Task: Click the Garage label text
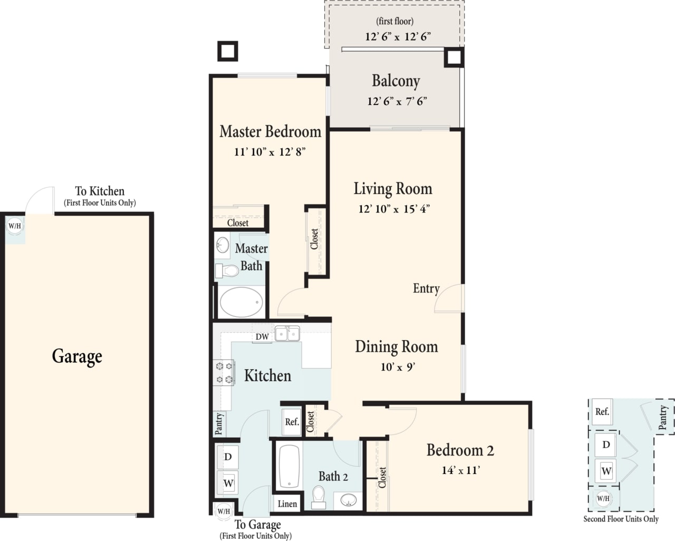77,357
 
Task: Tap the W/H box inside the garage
15,227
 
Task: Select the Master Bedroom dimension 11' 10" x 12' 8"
270,152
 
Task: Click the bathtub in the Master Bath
241,302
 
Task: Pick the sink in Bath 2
349,500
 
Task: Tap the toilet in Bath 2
319,497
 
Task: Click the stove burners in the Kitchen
224,372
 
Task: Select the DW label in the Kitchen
262,336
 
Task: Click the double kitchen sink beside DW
287,334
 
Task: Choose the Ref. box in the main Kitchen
292,422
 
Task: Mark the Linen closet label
287,504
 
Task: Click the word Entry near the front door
426,288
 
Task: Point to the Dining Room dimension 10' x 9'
398,367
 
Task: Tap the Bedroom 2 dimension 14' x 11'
460,470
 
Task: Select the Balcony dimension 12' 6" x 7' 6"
397,101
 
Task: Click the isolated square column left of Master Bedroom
228,51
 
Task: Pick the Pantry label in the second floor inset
663,417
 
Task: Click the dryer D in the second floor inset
606,445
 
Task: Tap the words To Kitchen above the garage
100,191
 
